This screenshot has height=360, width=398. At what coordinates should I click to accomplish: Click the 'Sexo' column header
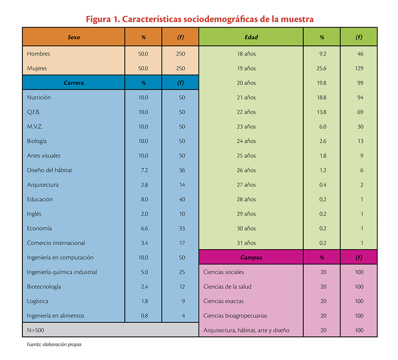click(x=73, y=37)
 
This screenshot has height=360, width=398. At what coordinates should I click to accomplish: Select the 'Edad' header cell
click(x=251, y=37)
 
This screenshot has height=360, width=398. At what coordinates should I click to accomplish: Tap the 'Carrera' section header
click(x=73, y=83)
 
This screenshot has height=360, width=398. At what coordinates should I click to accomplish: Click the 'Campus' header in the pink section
click(x=251, y=258)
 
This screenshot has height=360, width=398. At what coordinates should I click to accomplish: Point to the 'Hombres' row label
click(x=38, y=54)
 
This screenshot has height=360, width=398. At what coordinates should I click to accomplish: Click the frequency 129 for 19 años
click(x=359, y=68)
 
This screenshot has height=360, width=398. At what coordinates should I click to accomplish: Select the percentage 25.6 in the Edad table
click(x=321, y=68)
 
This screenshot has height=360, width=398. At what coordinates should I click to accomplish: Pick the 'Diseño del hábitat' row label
click(x=50, y=170)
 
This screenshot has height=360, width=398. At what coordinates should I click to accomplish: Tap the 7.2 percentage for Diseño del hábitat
click(x=144, y=170)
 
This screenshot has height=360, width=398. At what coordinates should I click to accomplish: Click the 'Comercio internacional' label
click(x=56, y=243)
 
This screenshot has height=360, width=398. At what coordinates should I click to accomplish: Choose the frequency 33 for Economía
click(x=182, y=228)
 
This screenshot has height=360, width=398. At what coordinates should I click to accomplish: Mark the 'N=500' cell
click(x=35, y=330)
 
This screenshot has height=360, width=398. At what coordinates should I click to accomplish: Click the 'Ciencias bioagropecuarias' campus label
click(x=235, y=316)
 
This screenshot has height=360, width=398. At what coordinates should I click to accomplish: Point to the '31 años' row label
click(x=246, y=243)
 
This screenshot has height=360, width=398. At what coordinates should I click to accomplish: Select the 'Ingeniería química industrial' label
click(x=62, y=272)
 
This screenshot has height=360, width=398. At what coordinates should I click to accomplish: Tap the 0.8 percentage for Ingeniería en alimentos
click(x=144, y=316)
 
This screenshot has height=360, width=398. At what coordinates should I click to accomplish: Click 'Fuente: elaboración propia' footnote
click(x=55, y=344)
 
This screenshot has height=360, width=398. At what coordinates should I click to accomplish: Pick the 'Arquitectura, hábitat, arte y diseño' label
click(x=246, y=330)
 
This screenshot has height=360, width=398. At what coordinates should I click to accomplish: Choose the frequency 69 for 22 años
click(x=360, y=112)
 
